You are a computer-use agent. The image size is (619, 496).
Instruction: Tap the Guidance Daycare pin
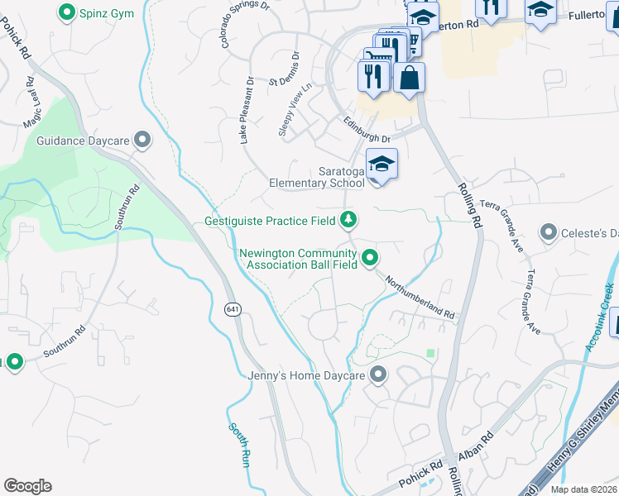click(x=143, y=141)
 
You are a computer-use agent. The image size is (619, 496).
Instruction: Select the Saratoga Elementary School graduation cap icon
click(x=381, y=163)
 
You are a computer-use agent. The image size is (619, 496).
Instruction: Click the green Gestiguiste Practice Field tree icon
click(x=349, y=219)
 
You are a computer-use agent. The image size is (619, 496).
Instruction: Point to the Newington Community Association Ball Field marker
click(x=371, y=259)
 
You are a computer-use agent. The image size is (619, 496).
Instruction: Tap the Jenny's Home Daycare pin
click(x=378, y=375)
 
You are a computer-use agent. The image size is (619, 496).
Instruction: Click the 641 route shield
click(x=233, y=308)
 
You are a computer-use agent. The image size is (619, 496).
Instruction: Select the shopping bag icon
click(x=409, y=79)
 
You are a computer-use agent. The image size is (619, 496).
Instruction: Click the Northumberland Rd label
click(x=420, y=297)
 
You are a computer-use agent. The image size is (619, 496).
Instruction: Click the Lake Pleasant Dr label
click(x=246, y=112)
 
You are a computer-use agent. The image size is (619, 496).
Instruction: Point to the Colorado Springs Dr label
click(x=244, y=24)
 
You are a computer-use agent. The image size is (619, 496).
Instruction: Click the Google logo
click(x=27, y=485)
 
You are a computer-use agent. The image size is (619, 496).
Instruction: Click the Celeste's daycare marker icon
click(x=548, y=232)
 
